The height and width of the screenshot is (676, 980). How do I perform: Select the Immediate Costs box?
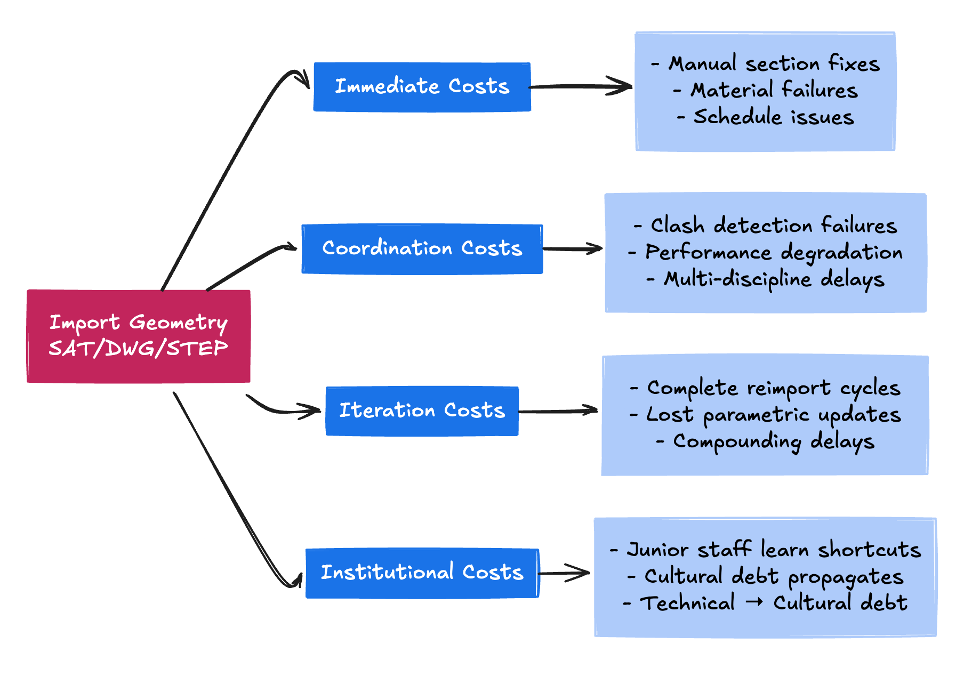pyautogui.click(x=422, y=86)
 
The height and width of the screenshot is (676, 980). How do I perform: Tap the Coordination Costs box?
pyautogui.click(x=422, y=248)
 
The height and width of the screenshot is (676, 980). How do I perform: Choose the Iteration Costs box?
pyautogui.click(x=422, y=411)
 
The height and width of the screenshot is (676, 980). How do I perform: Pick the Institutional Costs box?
pyautogui.click(x=422, y=573)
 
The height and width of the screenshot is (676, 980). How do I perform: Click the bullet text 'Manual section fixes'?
pyautogui.click(x=773, y=64)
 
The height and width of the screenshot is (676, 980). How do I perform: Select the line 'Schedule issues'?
pyautogui.click(x=773, y=117)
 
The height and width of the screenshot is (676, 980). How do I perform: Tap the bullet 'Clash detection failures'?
pyautogui.click(x=773, y=226)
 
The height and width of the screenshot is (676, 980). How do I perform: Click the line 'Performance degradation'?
pyautogui.click(x=773, y=253)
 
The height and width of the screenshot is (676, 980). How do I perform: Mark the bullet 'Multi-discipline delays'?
pyautogui.click(x=773, y=279)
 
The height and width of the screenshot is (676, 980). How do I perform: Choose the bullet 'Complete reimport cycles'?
pyautogui.click(x=773, y=388)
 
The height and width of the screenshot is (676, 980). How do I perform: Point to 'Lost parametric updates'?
pyautogui.click(x=773, y=415)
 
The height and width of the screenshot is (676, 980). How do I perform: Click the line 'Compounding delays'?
pyautogui.click(x=773, y=441)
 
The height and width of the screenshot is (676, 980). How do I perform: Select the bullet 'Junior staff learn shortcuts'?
pyautogui.click(x=773, y=550)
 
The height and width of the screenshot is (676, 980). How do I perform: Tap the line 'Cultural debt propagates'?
pyautogui.click(x=773, y=577)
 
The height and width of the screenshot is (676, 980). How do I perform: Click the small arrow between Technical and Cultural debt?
pyautogui.click(x=754, y=603)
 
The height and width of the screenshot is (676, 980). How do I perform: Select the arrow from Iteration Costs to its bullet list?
pyautogui.click(x=559, y=411)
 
